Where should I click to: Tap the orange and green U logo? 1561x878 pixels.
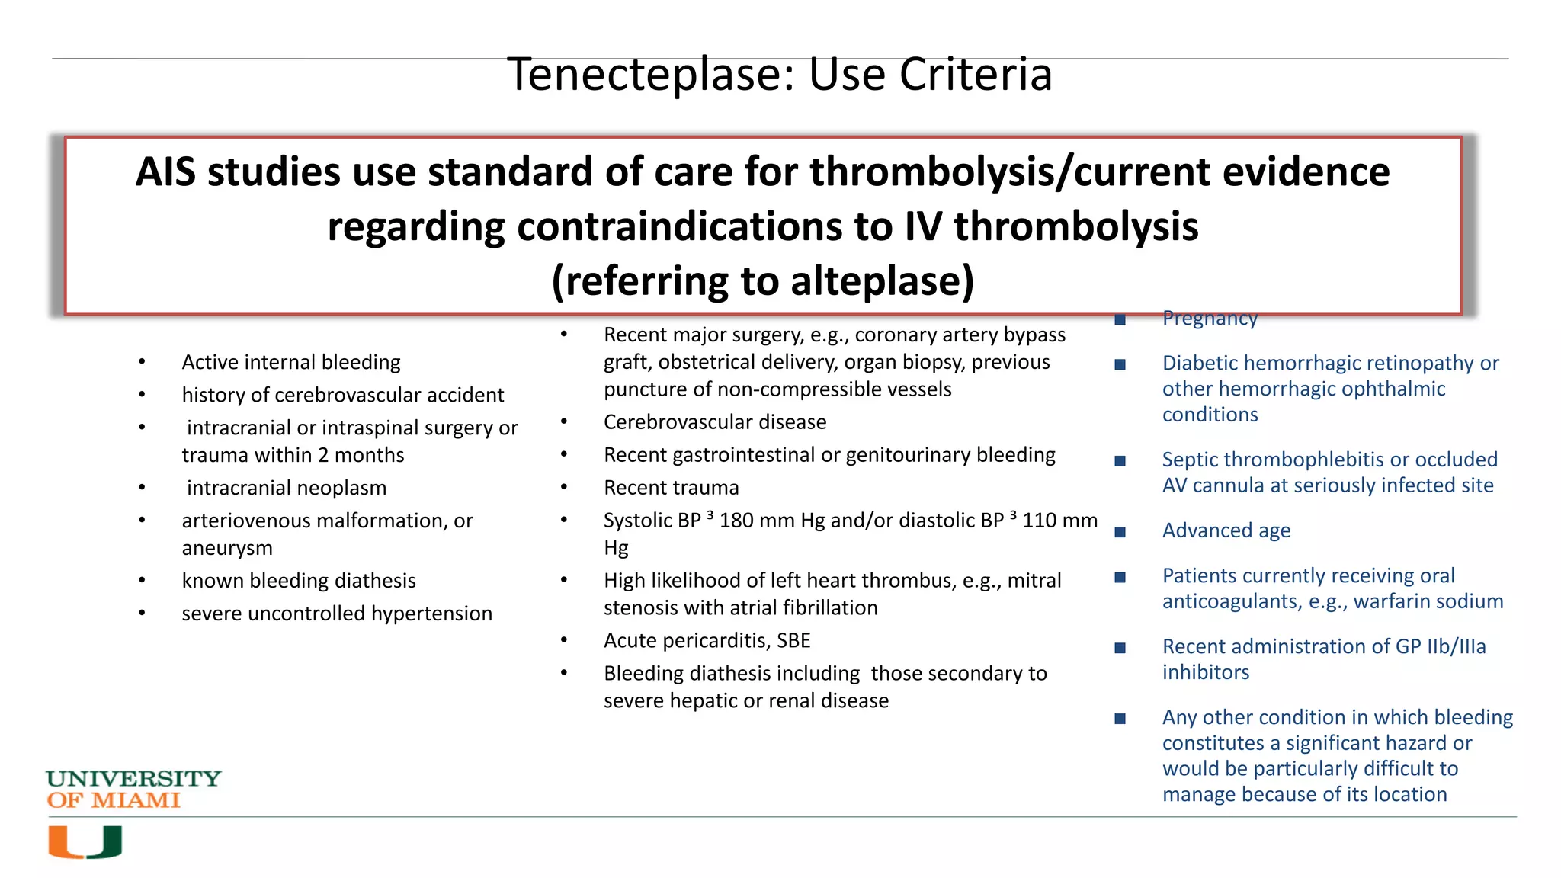tap(85, 841)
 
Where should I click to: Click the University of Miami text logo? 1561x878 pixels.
tap(133, 789)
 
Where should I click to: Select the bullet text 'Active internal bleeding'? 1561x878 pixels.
tap(290, 362)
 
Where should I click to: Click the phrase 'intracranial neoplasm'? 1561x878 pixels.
tap(287, 488)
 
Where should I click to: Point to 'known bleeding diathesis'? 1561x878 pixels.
tap(299, 581)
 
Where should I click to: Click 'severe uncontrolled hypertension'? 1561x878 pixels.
tap(337, 614)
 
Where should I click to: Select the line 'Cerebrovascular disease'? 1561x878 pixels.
tap(714, 422)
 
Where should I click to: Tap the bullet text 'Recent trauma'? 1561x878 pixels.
tap(671, 488)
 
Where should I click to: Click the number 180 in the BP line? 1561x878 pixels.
tap(736, 521)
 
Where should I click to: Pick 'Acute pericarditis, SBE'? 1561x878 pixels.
tap(707, 641)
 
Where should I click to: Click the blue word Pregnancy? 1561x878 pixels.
tap(1210, 319)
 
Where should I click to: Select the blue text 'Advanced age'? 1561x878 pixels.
tap(1226, 530)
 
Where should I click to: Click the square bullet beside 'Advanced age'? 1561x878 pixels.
tap(1120, 532)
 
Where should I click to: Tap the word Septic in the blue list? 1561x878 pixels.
tap(1190, 460)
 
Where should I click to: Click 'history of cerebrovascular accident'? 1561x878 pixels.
tap(342, 395)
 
